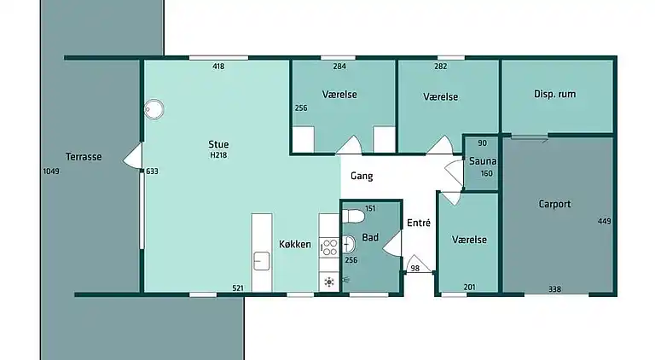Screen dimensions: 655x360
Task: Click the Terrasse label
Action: click(84, 157)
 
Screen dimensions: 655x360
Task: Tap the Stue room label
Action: click(218, 144)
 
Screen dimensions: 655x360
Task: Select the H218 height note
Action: click(218, 155)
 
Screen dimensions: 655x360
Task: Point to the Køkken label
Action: click(295, 244)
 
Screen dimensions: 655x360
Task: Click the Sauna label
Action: click(483, 160)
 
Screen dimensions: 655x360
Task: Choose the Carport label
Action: click(554, 204)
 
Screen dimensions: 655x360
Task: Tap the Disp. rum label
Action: click(554, 94)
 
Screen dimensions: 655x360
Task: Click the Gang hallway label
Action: click(362, 177)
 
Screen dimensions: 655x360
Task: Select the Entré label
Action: click(419, 223)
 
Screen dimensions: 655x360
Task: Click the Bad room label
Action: click(370, 237)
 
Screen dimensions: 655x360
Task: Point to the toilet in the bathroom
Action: click(353, 217)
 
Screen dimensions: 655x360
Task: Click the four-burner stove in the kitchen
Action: click(329, 247)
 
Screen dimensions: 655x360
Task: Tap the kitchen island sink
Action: click(262, 261)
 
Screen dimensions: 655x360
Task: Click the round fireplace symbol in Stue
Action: click(154, 109)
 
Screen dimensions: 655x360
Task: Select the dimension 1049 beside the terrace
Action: click(51, 171)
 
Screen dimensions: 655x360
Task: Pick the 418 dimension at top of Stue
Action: click(218, 66)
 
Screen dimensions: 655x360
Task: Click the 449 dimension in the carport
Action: click(605, 221)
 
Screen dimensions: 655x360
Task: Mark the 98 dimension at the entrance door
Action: click(414, 268)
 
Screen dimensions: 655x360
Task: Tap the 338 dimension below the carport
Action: click(554, 289)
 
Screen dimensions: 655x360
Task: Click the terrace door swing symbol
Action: click(133, 156)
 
